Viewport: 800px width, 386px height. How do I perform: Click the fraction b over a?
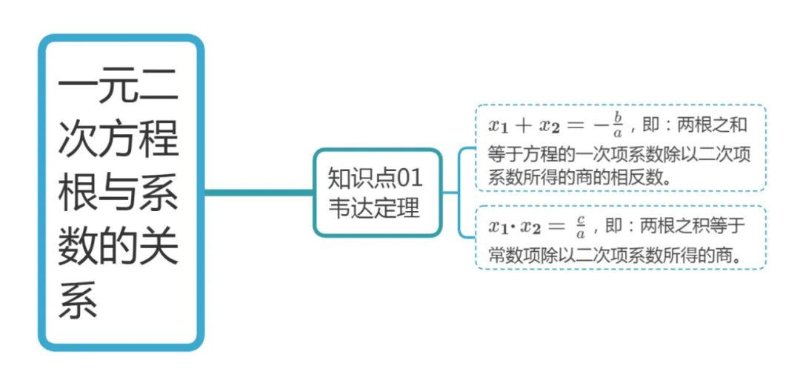pyautogui.click(x=617, y=125)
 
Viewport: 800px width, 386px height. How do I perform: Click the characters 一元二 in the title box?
pyautogui.click(x=119, y=90)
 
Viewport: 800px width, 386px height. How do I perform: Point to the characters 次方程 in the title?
pyautogui.click(x=119, y=139)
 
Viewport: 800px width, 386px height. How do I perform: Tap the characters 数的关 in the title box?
pyautogui.click(x=119, y=247)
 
